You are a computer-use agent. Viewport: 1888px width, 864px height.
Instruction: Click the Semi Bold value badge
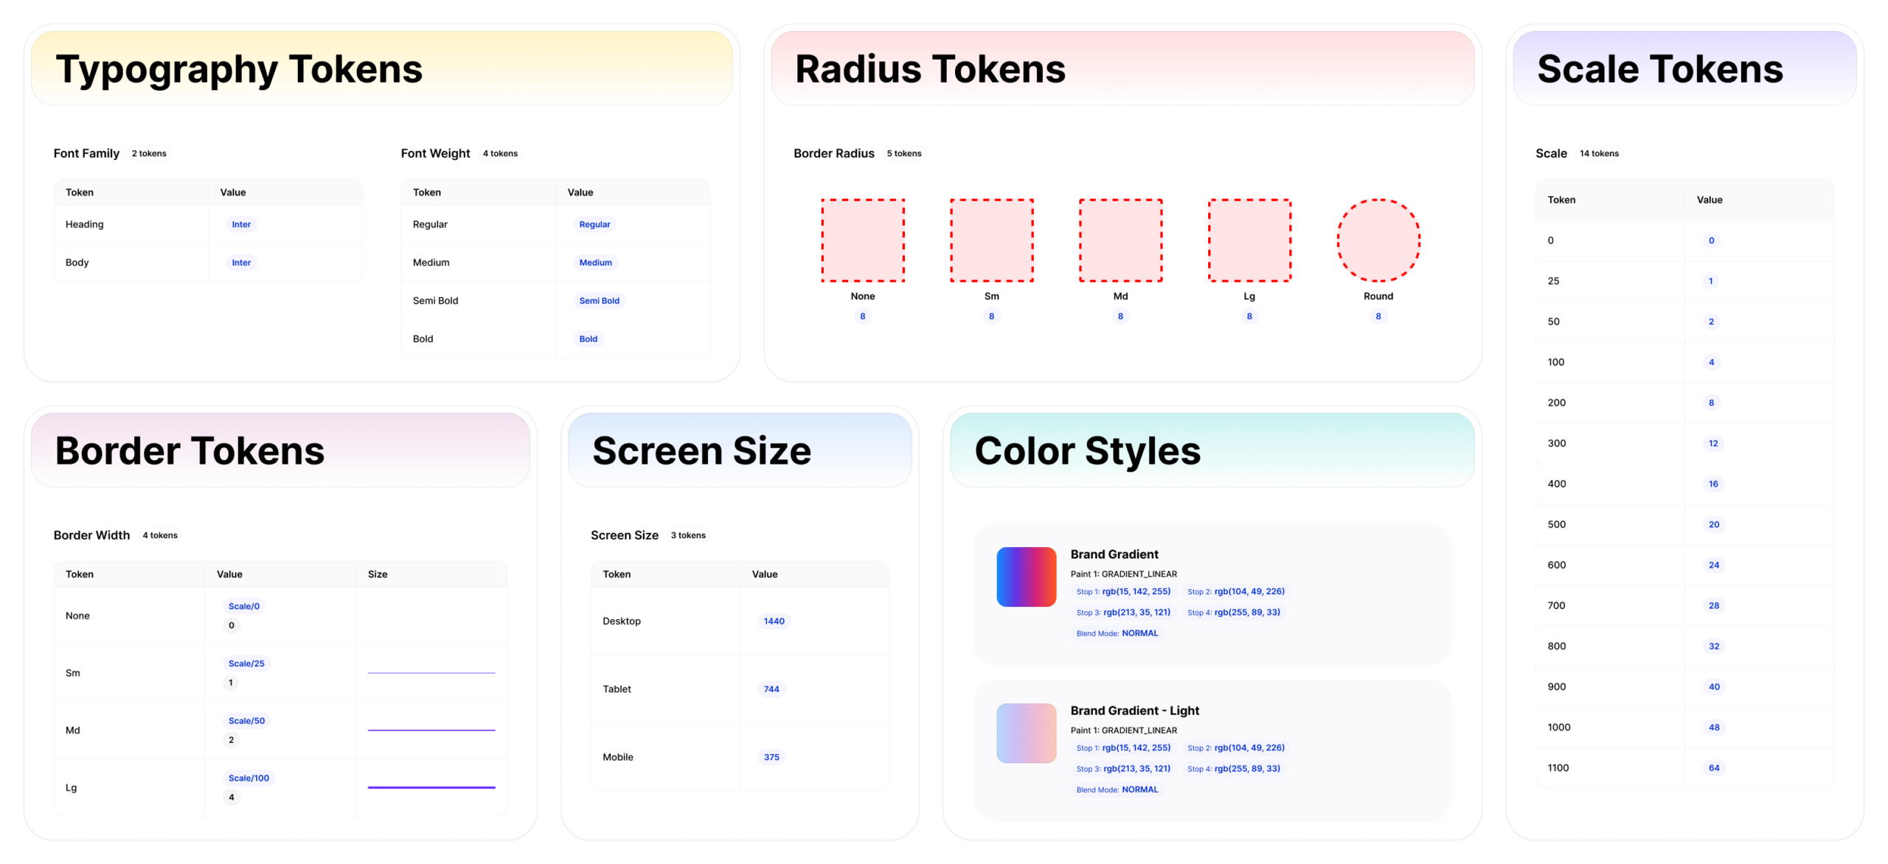click(x=599, y=301)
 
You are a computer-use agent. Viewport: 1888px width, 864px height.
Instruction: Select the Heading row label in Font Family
click(x=84, y=224)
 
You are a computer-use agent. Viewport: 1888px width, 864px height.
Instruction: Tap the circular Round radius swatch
click(x=1378, y=240)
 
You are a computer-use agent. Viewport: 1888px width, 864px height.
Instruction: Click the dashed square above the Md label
click(x=1120, y=240)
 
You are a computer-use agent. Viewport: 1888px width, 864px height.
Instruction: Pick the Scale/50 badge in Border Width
click(x=246, y=721)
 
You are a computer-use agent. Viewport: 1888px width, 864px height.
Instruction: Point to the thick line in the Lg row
click(x=431, y=787)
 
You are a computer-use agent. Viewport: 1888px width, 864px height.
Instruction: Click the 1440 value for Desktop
click(x=774, y=621)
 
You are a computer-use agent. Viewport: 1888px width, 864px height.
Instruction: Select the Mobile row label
click(x=617, y=757)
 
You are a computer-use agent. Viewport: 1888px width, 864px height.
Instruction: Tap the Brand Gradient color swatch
click(x=1026, y=576)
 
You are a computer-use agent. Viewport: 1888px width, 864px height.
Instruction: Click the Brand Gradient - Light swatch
click(x=1026, y=733)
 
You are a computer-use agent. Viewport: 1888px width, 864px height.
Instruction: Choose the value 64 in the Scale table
click(x=1714, y=768)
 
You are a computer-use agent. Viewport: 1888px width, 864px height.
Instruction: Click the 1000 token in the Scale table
click(x=1558, y=728)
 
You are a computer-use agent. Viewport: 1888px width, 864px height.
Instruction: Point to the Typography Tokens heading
click(x=239, y=69)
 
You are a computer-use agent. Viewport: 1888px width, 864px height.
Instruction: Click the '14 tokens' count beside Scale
click(x=1599, y=153)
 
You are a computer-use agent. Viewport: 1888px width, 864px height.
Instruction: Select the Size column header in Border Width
click(x=378, y=574)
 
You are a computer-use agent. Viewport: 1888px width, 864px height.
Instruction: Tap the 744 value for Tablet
click(x=771, y=689)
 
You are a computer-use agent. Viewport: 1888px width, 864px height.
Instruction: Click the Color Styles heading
click(x=1087, y=451)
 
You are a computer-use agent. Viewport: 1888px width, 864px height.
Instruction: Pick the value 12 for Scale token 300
click(x=1713, y=444)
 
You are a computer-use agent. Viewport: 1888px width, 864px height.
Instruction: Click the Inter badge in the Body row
click(x=241, y=262)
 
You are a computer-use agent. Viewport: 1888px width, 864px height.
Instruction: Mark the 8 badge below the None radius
click(x=862, y=316)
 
